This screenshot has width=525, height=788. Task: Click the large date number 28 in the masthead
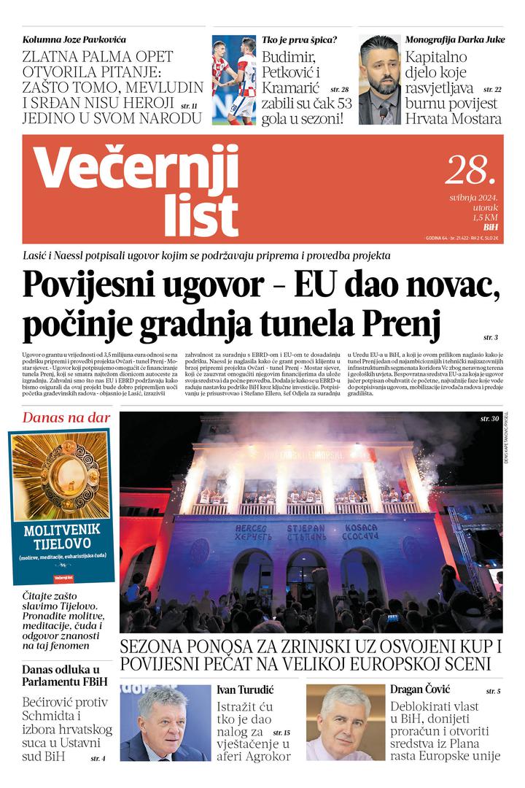tap(470, 170)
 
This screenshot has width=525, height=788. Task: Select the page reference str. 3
tap(490, 338)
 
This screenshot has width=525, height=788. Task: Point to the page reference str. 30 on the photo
tap(489, 419)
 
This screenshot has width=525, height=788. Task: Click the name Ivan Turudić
tap(248, 689)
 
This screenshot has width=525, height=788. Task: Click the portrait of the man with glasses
tap(165, 723)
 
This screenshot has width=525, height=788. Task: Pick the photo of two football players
tap(234, 80)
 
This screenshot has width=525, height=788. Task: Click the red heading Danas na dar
tap(66, 418)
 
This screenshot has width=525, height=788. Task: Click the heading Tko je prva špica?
tap(299, 40)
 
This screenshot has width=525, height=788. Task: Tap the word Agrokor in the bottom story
tap(263, 756)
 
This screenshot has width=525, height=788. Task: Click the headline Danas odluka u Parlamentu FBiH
tap(61, 676)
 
